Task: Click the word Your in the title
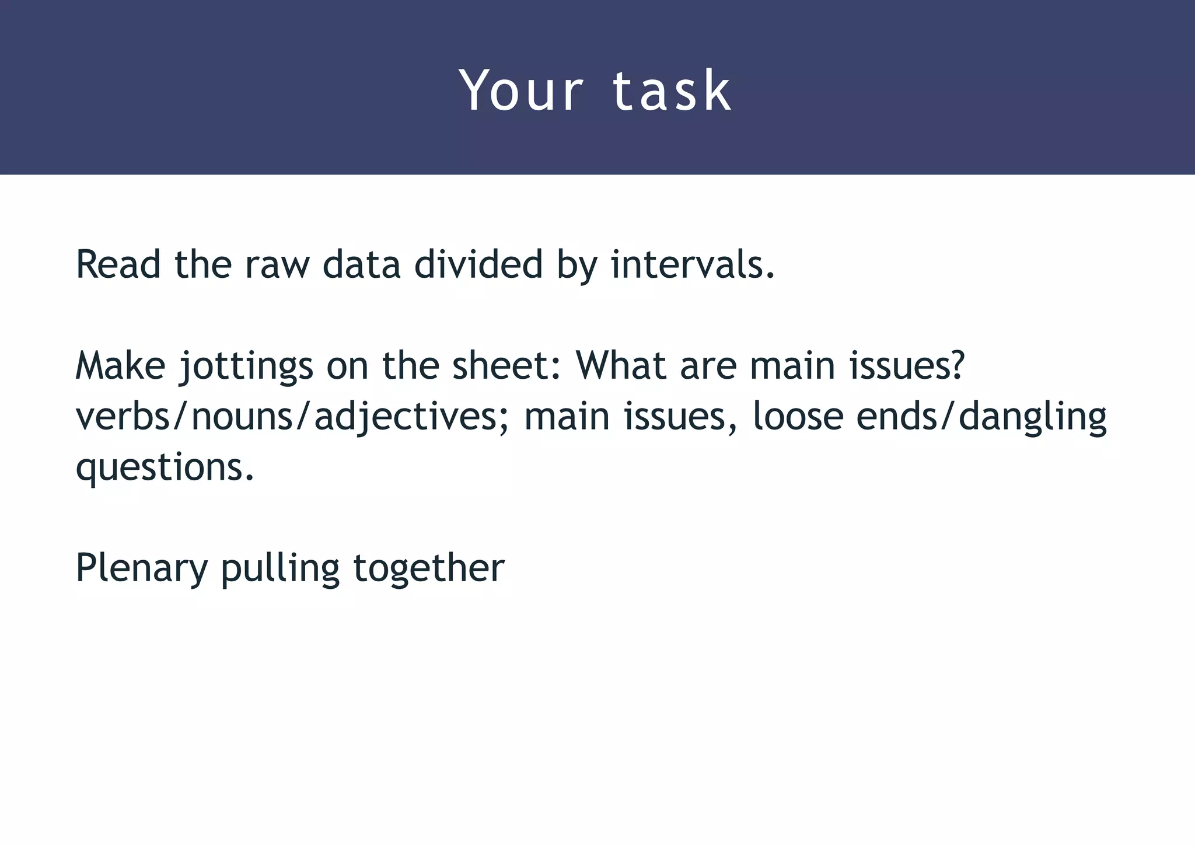(x=521, y=90)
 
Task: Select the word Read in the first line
(x=118, y=264)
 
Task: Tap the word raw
(x=277, y=264)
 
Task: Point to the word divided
(x=478, y=264)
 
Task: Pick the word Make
(x=120, y=366)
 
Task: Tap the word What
(x=621, y=366)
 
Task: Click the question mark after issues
(x=956, y=366)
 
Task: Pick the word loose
(x=798, y=417)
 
